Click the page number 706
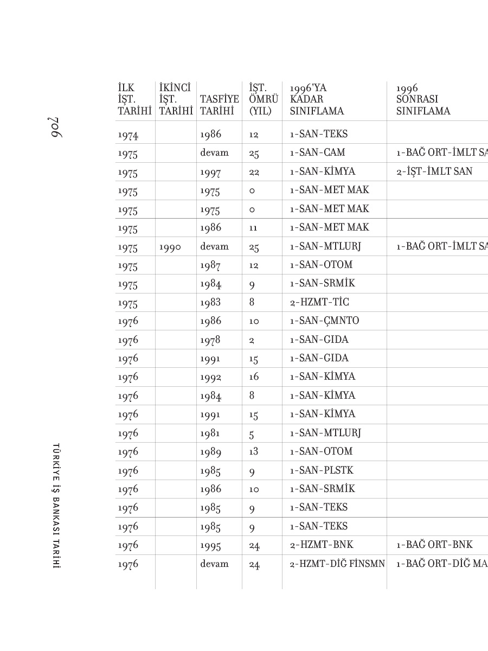click(55, 126)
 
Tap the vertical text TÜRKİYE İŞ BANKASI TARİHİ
click(55, 506)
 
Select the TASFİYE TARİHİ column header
click(219, 105)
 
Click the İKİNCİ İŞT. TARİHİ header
click(176, 99)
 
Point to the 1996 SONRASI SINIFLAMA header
click(423, 99)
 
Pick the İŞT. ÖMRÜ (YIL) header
click(264, 99)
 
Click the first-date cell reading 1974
click(128, 135)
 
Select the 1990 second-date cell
click(170, 247)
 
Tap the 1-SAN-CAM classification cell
click(317, 153)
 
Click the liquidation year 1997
click(210, 172)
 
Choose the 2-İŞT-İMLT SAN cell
click(434, 172)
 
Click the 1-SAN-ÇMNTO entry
click(324, 321)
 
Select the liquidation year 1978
click(210, 340)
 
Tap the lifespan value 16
click(254, 377)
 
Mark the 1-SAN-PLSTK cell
click(322, 470)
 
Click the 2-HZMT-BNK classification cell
click(322, 545)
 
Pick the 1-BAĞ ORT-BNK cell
click(434, 545)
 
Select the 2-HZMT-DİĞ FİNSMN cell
click(337, 564)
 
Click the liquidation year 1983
click(210, 303)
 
